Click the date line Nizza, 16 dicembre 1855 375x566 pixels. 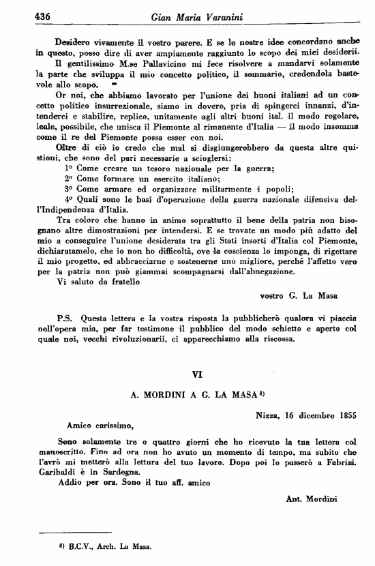tap(306, 414)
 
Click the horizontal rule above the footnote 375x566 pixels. tap(65, 533)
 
